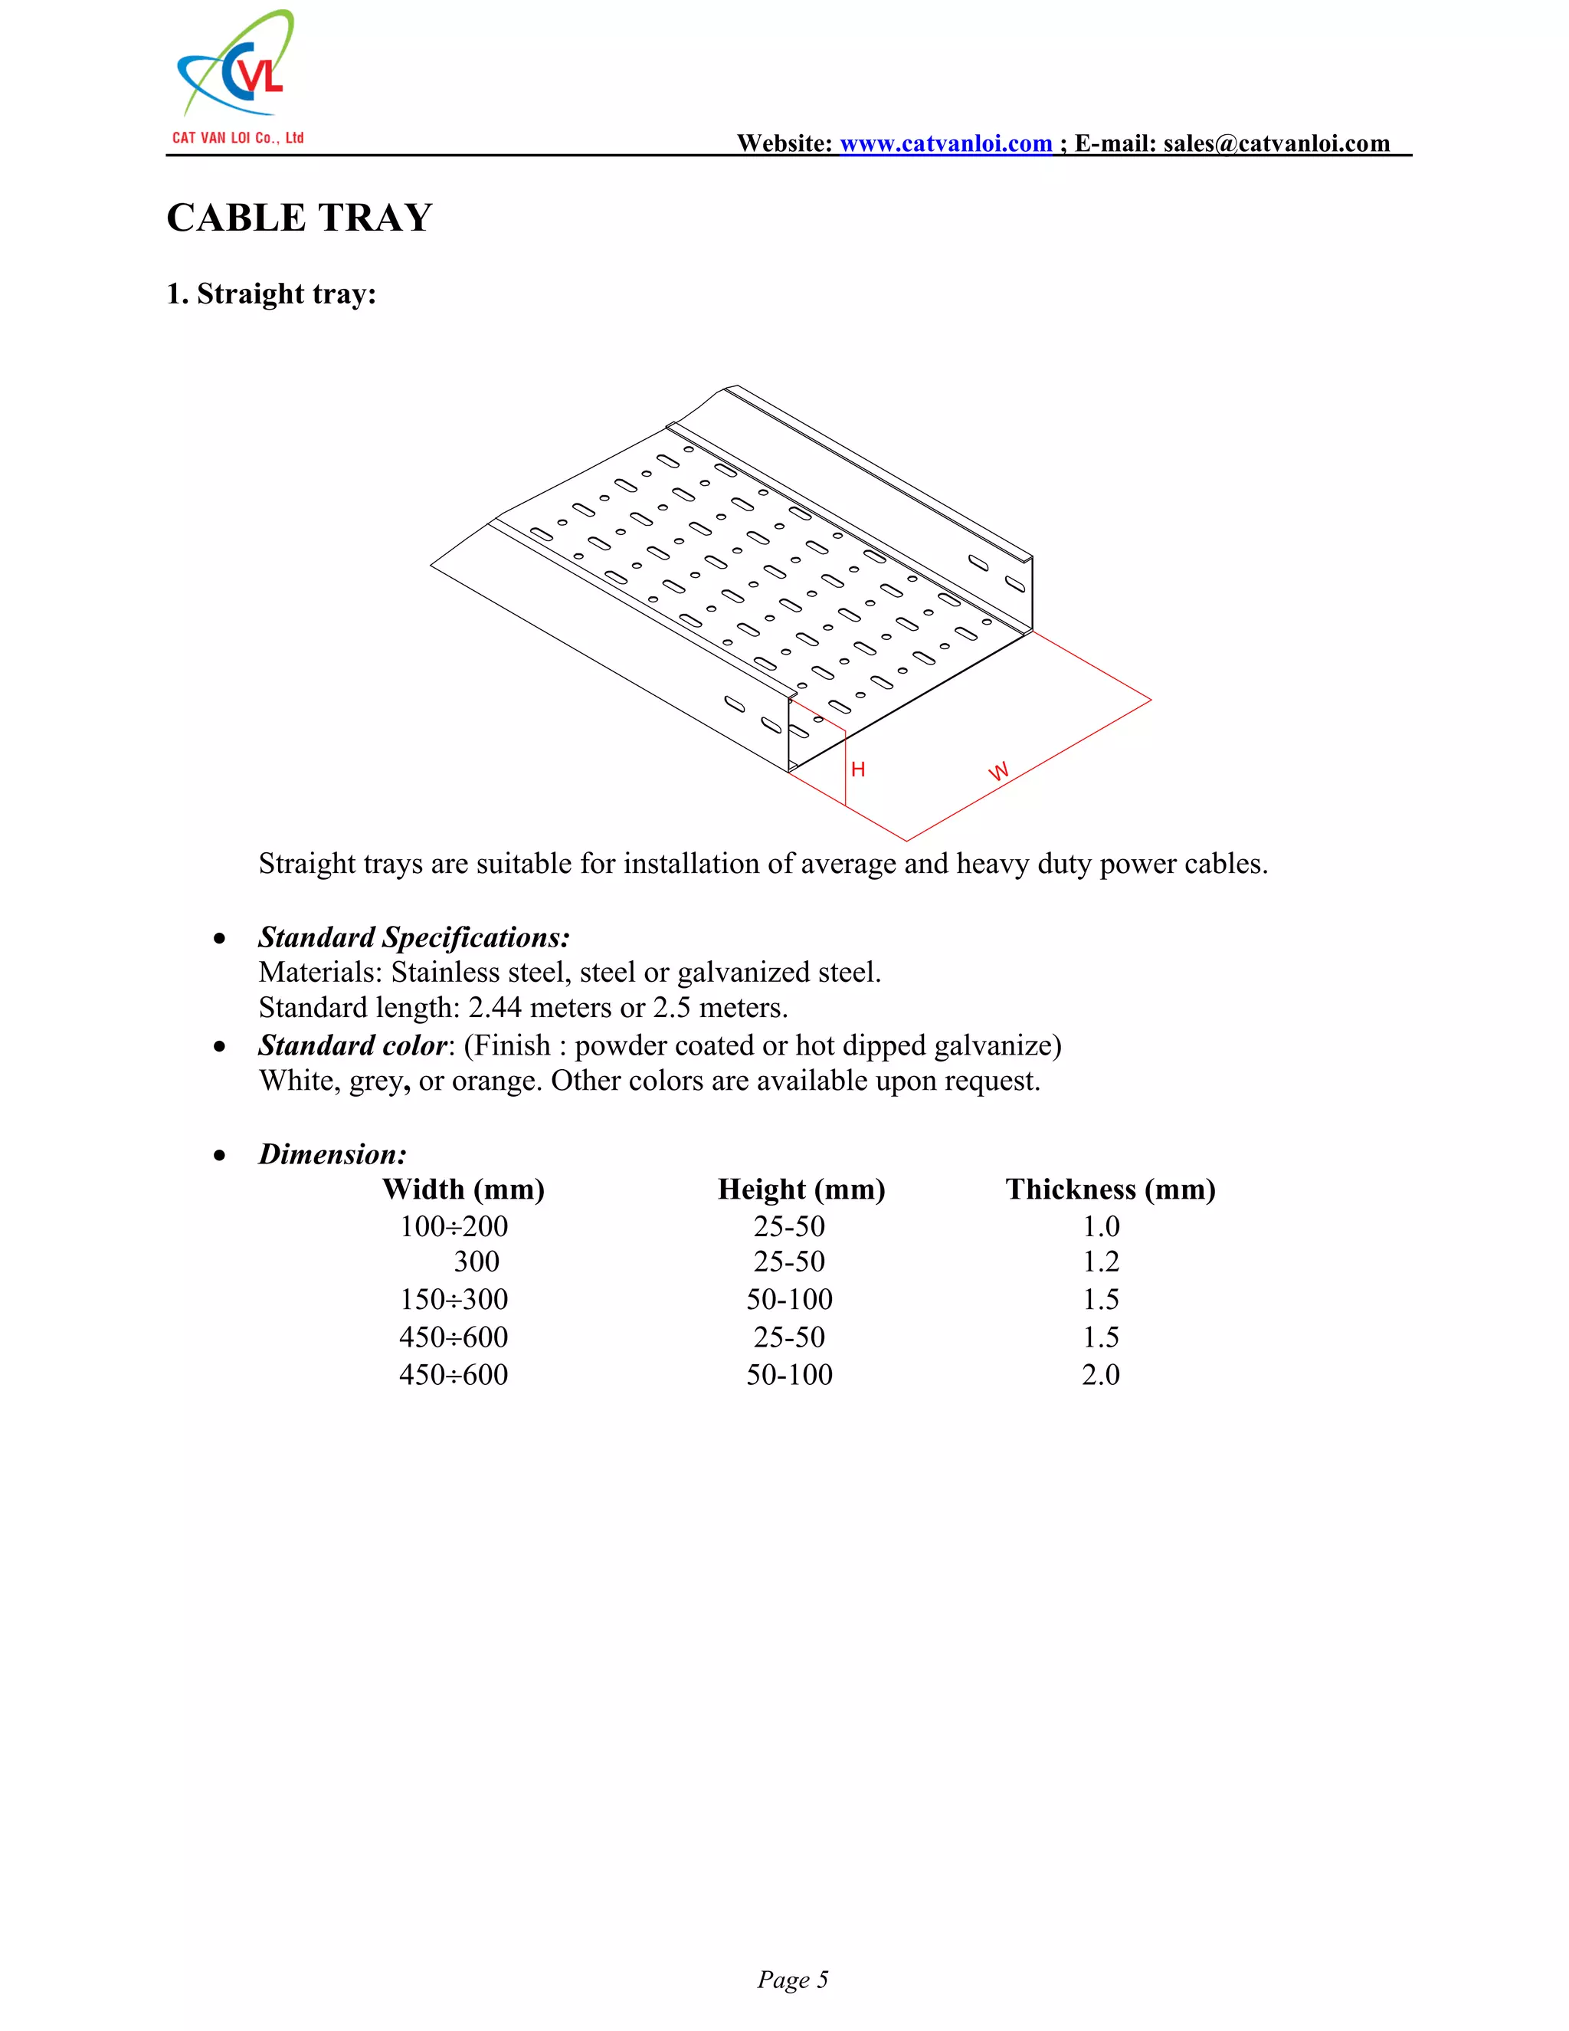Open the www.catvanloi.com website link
pos(945,143)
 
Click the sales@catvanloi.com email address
pos(1276,143)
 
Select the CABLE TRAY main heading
pos(300,218)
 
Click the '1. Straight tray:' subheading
pos(270,294)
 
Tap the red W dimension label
pos(998,772)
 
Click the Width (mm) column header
pos(463,1189)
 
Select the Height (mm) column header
pos(801,1189)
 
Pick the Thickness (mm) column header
pos(1110,1189)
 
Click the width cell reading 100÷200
pos(454,1226)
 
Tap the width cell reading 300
pos(476,1262)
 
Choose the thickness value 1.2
pos(1101,1262)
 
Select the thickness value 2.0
pos(1101,1374)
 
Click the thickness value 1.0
pos(1101,1226)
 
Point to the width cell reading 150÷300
pos(454,1299)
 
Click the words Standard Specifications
pos(414,937)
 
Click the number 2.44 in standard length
pos(494,1008)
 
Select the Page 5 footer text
pos(792,1979)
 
